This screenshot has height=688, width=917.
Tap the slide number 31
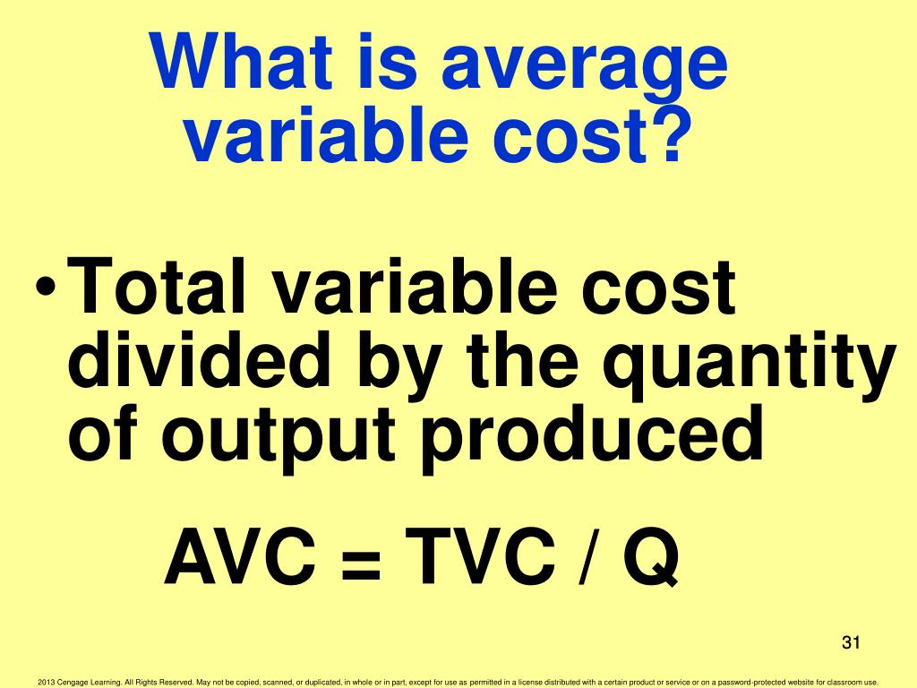[850, 643]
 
